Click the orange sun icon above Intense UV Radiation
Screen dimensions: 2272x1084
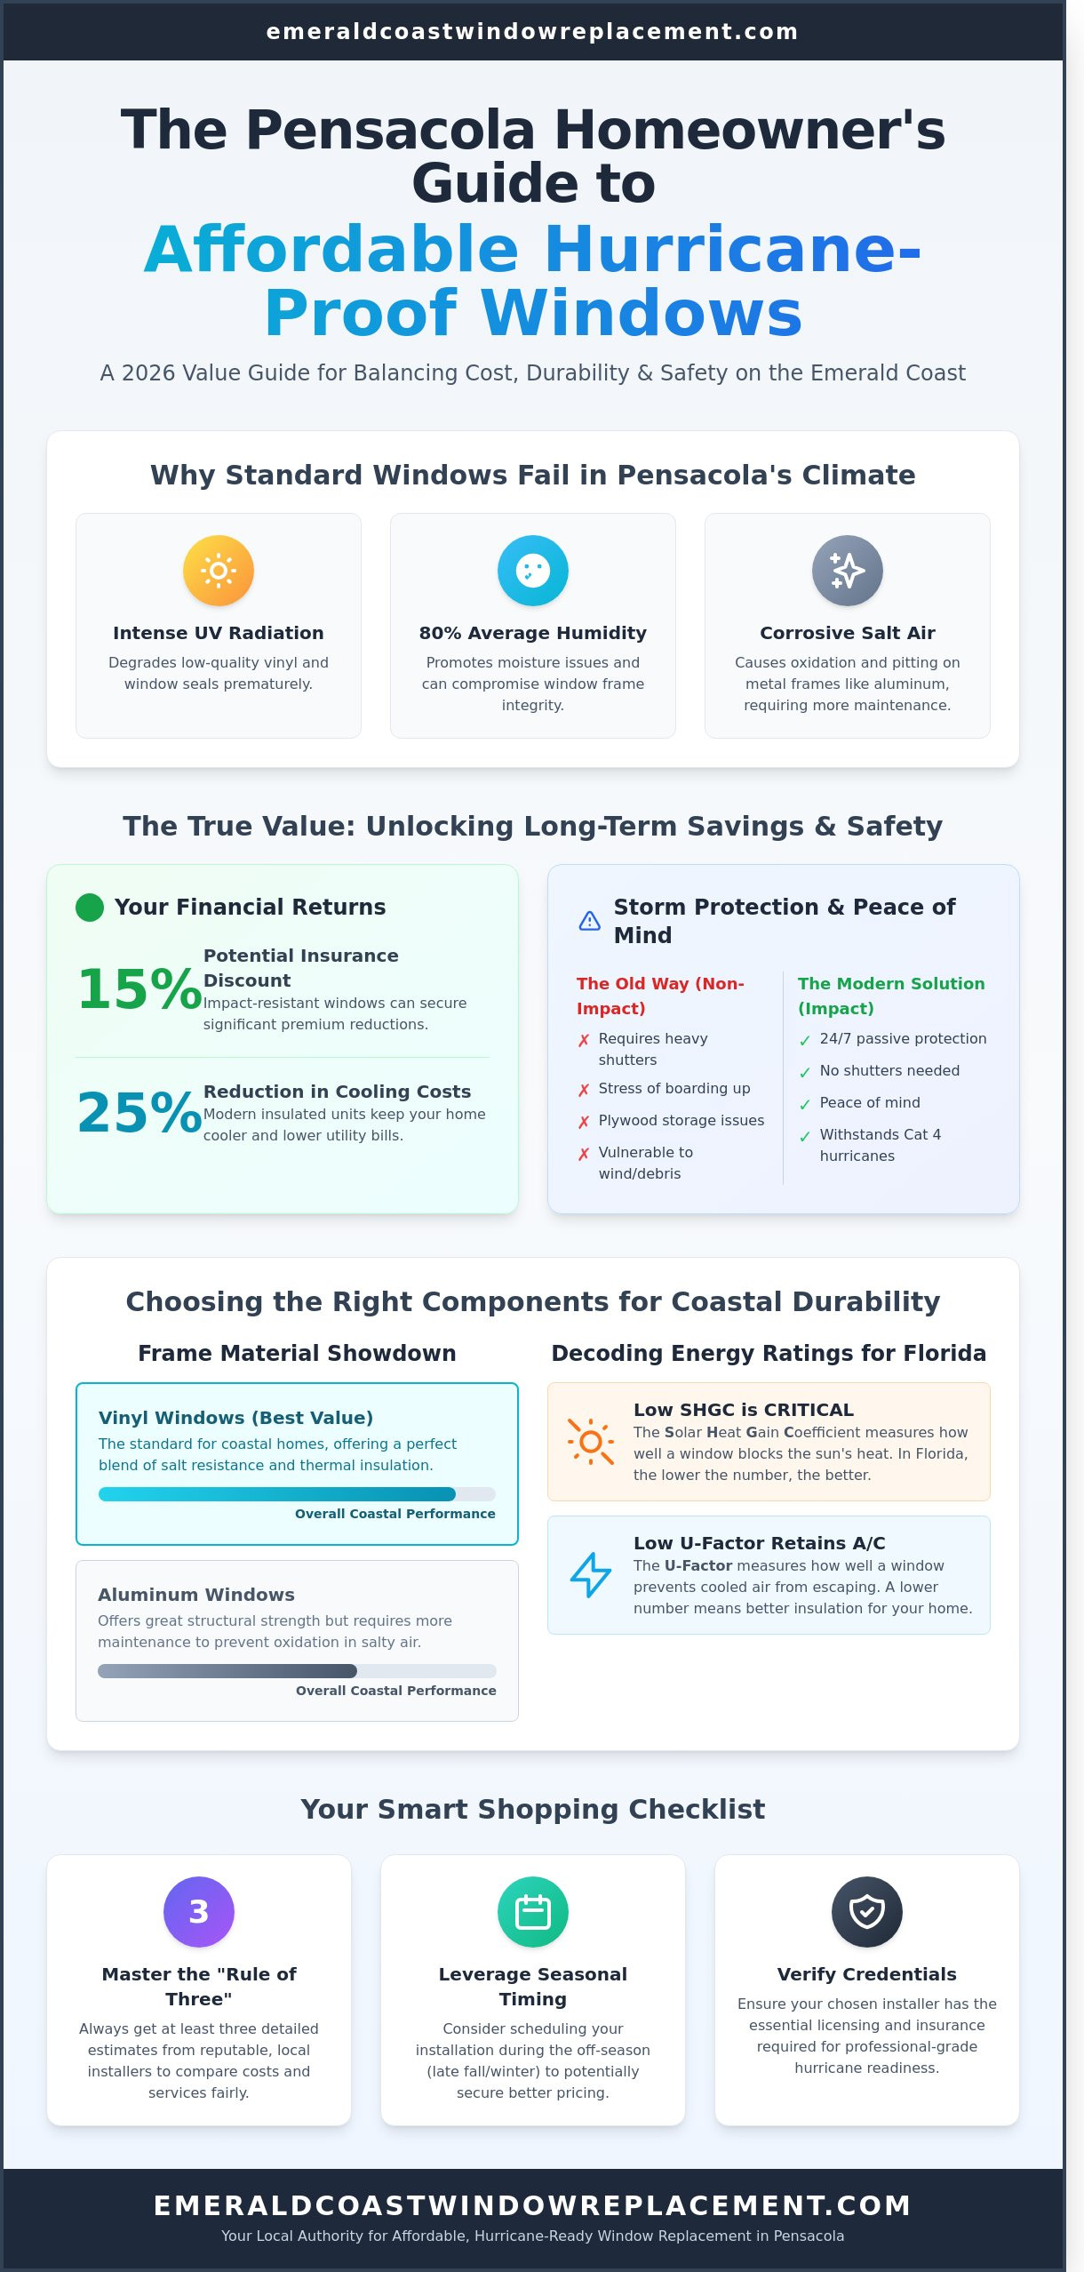219,571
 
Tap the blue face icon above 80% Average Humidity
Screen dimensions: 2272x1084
533,571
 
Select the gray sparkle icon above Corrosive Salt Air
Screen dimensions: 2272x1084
848,571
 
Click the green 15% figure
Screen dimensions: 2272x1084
139,989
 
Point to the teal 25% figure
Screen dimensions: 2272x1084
139,1112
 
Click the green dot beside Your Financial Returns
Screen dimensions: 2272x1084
90,908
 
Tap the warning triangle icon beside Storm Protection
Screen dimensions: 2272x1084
590,921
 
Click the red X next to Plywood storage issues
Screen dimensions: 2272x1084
584,1122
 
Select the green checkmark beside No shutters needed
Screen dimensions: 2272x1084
805,1073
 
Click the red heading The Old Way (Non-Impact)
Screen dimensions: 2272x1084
660,996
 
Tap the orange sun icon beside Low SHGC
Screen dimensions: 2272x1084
591,1441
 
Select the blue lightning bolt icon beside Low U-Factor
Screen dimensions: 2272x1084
591,1574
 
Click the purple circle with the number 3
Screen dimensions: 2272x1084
199,1912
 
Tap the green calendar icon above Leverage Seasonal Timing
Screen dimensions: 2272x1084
533,1912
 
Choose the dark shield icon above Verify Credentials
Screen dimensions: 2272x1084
867,1912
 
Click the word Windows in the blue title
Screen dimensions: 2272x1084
642,313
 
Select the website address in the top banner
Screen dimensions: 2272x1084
532,32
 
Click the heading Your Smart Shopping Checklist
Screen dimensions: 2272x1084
533,1809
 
